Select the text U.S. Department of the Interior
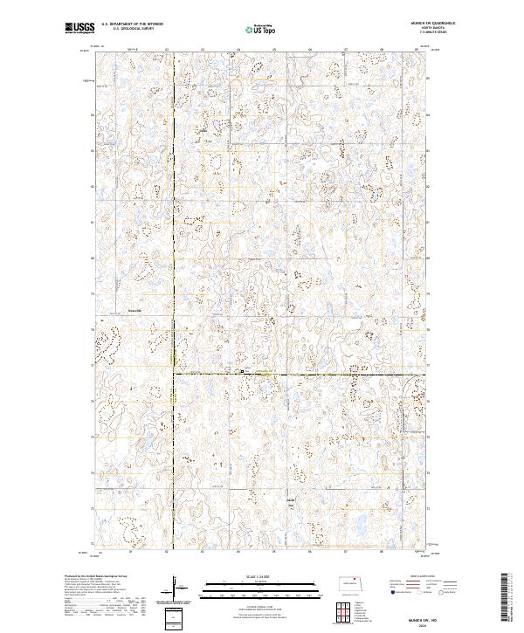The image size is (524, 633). click(132, 24)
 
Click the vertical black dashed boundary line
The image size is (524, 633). click(174, 218)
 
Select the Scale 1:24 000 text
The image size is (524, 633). click(251, 578)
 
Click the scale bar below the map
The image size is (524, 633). click(251, 589)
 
